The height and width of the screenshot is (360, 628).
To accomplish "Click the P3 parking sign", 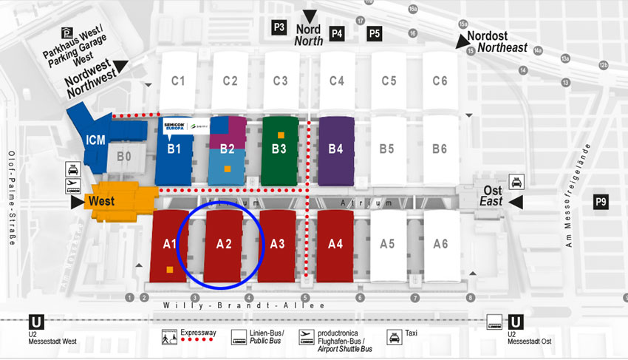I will pyautogui.click(x=279, y=27).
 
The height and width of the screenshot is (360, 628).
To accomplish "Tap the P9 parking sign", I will pyautogui.click(x=601, y=202).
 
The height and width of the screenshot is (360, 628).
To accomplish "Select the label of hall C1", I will pyautogui.click(x=178, y=81).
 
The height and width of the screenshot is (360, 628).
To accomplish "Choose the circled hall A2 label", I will pyautogui.click(x=224, y=243).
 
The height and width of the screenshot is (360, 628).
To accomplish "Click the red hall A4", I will pyautogui.click(x=335, y=243).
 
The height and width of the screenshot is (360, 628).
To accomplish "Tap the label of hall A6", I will pyautogui.click(x=440, y=243).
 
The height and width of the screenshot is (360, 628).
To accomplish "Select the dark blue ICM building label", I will pyautogui.click(x=95, y=139).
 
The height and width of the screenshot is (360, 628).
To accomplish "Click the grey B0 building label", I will pyautogui.click(x=124, y=157).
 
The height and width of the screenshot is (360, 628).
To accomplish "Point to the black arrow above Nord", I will pyautogui.click(x=310, y=16).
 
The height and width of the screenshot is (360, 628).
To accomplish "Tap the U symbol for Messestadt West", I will pyautogui.click(x=35, y=322).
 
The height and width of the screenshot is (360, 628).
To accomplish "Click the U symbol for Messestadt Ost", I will pyautogui.click(x=517, y=322).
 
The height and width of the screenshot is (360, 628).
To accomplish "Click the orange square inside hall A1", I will pyautogui.click(x=171, y=270).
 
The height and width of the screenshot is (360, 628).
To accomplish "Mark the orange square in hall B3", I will pyautogui.click(x=281, y=135).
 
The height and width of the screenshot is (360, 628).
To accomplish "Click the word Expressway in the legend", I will pyautogui.click(x=199, y=333).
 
